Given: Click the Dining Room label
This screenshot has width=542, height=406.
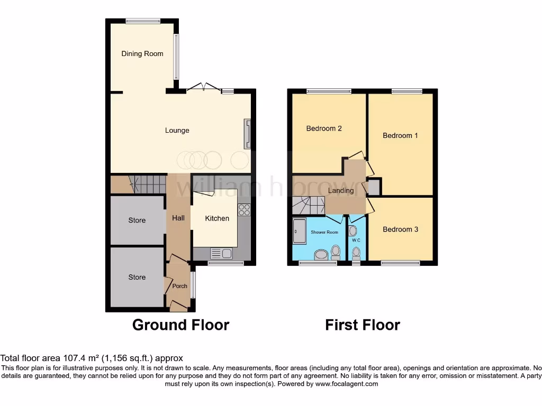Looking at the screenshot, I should pyautogui.click(x=142, y=54).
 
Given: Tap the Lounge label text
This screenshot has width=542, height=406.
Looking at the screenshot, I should pyautogui.click(x=177, y=131).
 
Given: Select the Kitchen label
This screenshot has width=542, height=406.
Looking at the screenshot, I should pyautogui.click(x=217, y=218).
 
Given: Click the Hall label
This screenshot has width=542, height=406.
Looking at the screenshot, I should pyautogui.click(x=178, y=218).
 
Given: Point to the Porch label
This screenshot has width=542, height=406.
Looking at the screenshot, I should pyautogui.click(x=180, y=286).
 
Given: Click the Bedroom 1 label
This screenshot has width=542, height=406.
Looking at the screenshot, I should pyautogui.click(x=400, y=135).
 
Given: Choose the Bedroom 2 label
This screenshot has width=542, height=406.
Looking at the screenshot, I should pyautogui.click(x=324, y=128).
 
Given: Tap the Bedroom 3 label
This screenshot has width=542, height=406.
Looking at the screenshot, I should pyautogui.click(x=400, y=229).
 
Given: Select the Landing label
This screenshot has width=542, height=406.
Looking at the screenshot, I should pyautogui.click(x=341, y=190).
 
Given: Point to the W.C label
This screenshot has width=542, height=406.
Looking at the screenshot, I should pyautogui.click(x=356, y=241).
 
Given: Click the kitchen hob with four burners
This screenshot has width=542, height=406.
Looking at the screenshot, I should pyautogui.click(x=244, y=210).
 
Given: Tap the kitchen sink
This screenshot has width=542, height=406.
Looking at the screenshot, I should pyautogui.click(x=221, y=253).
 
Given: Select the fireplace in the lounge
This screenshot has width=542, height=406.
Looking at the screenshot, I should pyautogui.click(x=247, y=134).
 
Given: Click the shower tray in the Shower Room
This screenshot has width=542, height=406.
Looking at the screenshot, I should pyautogui.click(x=299, y=231).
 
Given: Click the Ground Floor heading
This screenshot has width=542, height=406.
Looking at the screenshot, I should pyautogui.click(x=180, y=325).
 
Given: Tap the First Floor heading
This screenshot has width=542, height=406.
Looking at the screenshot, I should pyautogui.click(x=363, y=325).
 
